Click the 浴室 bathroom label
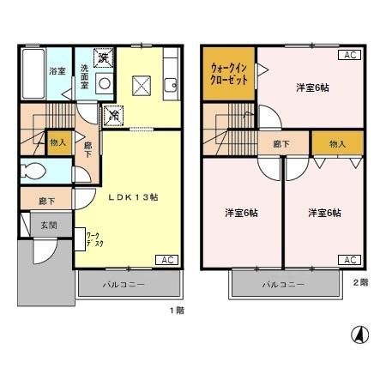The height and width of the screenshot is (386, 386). (x=57, y=71)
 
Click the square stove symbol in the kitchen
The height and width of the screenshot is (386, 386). (x=141, y=85)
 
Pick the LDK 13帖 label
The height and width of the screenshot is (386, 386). (x=132, y=196)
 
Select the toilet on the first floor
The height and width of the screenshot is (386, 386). (x=34, y=169)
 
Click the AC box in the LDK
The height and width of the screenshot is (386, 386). (x=168, y=259)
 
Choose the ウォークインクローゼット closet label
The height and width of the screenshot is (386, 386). (x=229, y=73)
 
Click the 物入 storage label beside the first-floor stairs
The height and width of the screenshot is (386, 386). (x=58, y=143)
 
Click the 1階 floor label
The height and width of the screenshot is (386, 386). (x=177, y=310)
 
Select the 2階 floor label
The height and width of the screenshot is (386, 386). (x=360, y=280)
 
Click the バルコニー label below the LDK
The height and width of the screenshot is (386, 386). (x=125, y=284)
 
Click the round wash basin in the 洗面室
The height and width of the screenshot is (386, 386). (x=104, y=84)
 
